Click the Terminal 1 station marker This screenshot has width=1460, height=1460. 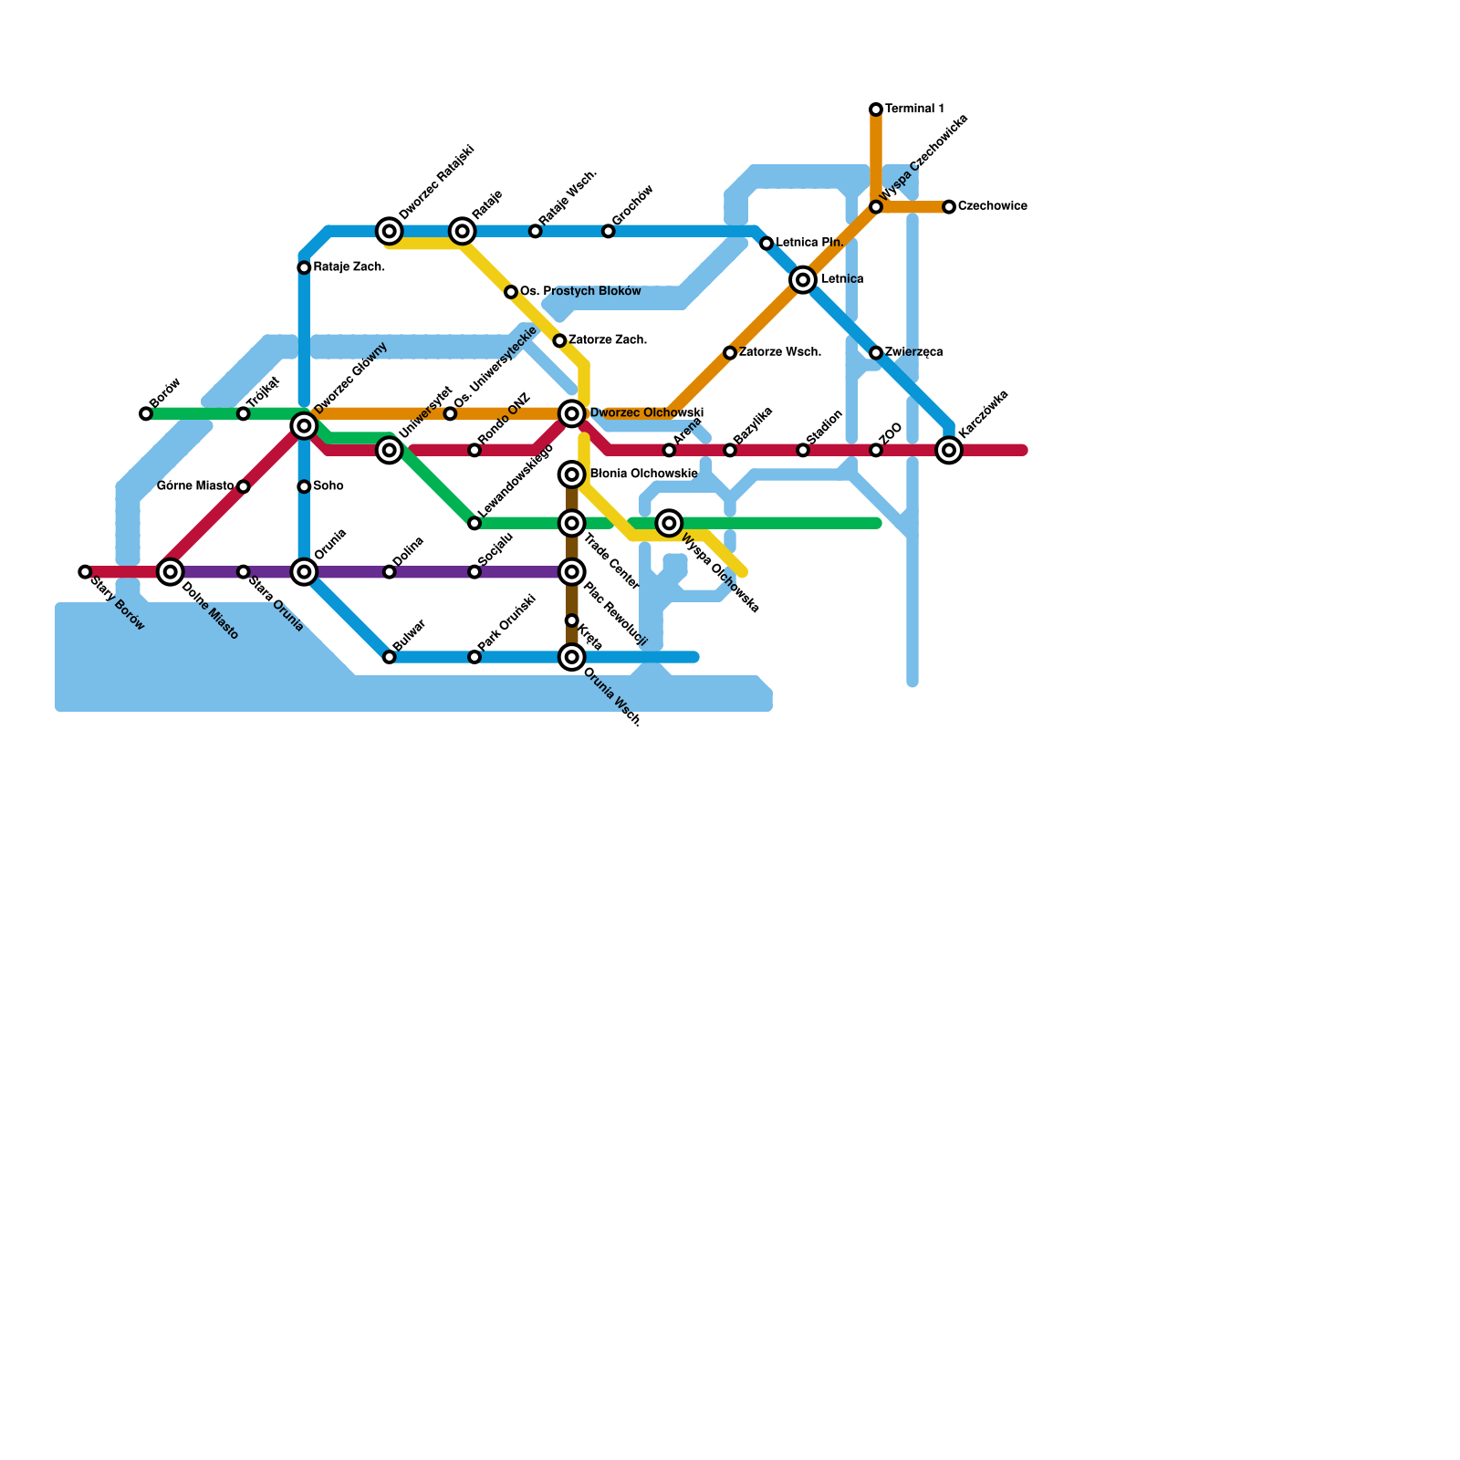click(876, 109)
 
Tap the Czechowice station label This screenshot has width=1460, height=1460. click(992, 207)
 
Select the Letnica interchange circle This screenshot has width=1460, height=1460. click(803, 280)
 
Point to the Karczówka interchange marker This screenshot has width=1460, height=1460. click(949, 450)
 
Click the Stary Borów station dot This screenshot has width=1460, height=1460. click(85, 572)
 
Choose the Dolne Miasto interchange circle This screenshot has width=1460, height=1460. click(170, 572)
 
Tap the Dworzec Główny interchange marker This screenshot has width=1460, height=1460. click(304, 426)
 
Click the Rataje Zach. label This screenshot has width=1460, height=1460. click(349, 268)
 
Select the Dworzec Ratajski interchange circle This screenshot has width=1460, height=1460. click(390, 231)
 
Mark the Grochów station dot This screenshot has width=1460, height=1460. click(609, 232)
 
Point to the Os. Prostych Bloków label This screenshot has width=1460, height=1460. click(580, 292)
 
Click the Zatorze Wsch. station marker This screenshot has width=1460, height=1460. click(730, 353)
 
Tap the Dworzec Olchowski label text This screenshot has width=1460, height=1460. click(646, 414)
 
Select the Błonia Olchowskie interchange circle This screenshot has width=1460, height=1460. click(572, 474)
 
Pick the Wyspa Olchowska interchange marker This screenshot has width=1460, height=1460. click(669, 523)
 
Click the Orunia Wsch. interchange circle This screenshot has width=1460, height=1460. click(572, 657)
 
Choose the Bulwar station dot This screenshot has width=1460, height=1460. click(390, 657)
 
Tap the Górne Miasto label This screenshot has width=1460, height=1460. click(195, 486)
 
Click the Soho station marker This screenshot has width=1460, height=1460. click(304, 487)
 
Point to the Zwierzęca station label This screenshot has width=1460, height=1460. click(913, 353)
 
